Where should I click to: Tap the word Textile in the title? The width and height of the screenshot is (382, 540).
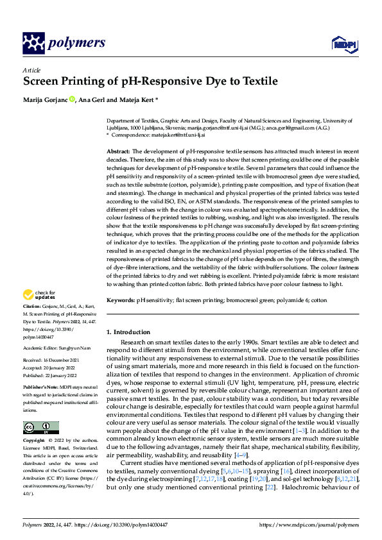[257, 81]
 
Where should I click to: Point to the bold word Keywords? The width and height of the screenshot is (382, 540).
[121, 300]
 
